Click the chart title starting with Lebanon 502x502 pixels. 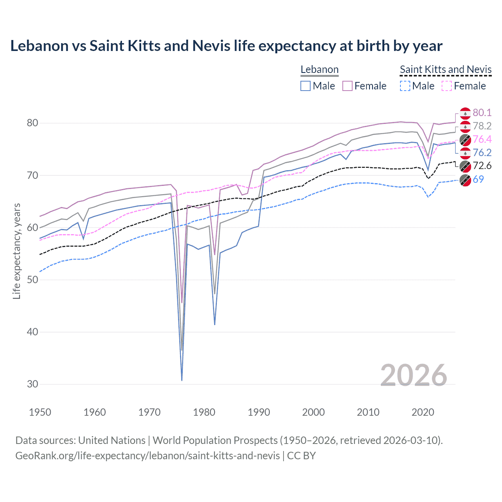(x=226, y=46)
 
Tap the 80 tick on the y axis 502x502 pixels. (x=33, y=123)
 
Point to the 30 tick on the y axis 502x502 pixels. (x=33, y=384)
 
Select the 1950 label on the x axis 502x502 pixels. (x=40, y=412)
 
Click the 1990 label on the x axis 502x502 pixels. (x=259, y=412)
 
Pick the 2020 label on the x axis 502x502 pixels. (x=423, y=412)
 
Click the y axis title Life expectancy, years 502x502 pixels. (x=17, y=251)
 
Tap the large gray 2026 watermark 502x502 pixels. (x=413, y=375)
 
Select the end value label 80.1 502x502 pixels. (x=482, y=113)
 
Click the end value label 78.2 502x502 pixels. (x=482, y=126)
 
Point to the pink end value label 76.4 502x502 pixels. (x=482, y=139)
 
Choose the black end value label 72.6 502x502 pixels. (x=482, y=166)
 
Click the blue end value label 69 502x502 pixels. (x=478, y=179)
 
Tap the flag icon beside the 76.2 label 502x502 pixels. (x=465, y=153)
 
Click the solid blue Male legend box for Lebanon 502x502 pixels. (x=306, y=86)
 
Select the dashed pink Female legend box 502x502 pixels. (x=447, y=86)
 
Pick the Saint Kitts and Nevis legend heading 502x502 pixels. (x=446, y=69)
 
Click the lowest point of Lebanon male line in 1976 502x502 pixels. (x=182, y=380)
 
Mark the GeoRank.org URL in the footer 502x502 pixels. (x=147, y=456)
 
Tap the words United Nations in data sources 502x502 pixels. (x=112, y=440)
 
